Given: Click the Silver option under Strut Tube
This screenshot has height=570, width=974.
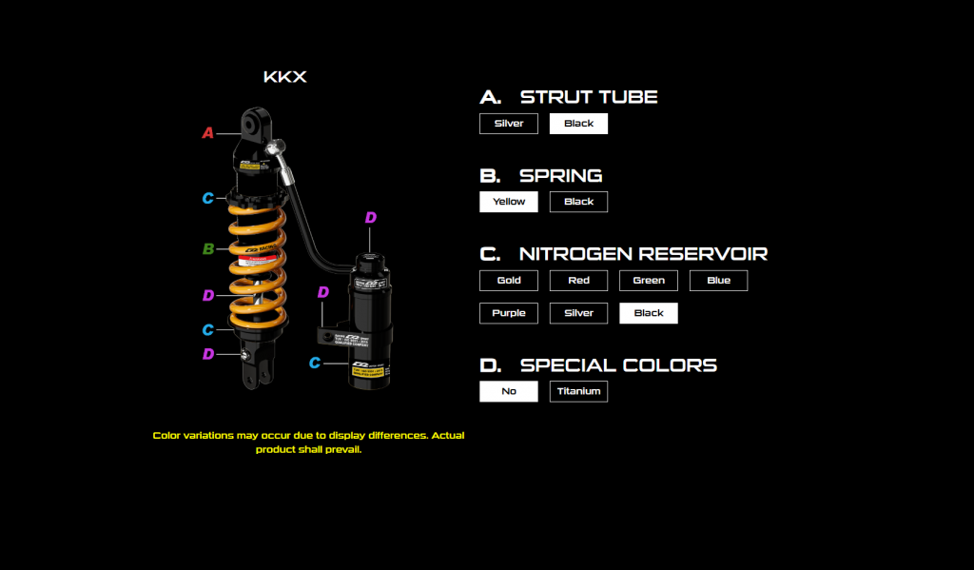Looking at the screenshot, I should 509,124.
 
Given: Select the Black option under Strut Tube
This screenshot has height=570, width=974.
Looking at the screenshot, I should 578,124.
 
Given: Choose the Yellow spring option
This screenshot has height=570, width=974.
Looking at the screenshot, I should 509,202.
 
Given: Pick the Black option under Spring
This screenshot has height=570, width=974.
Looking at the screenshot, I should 578,202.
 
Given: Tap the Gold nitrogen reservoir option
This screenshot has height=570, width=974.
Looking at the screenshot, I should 509,281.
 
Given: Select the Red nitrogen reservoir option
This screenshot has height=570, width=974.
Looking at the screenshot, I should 578,281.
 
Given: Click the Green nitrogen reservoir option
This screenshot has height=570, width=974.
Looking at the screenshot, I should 649,281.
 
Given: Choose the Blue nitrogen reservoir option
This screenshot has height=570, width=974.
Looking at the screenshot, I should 718,281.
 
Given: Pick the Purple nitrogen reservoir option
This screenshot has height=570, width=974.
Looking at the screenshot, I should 509,313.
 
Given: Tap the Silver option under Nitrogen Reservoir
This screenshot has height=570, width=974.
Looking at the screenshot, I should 578,313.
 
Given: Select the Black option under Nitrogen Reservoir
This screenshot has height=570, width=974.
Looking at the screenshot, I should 649,313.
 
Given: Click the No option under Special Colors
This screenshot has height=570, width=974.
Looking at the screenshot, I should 509,391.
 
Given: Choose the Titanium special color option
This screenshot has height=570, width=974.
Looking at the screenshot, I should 578,391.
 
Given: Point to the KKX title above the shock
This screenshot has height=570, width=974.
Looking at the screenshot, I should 284,77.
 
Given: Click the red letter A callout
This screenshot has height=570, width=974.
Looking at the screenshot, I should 207,133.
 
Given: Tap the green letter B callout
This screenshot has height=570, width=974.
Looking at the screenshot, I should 207,249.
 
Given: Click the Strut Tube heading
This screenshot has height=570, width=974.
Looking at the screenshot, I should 588,97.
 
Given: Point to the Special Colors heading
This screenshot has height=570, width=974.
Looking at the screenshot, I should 617,365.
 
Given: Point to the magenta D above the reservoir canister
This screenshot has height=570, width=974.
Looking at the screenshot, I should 370,218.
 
